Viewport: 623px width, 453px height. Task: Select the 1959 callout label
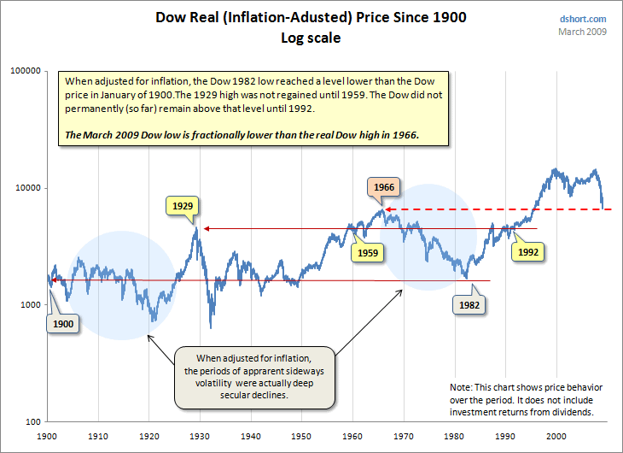point(368,252)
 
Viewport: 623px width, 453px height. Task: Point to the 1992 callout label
point(527,252)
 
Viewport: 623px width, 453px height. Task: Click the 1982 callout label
point(469,303)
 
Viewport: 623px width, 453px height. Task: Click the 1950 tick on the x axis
point(301,436)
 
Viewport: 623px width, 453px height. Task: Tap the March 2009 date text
point(583,32)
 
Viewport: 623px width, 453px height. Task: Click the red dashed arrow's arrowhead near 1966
point(384,209)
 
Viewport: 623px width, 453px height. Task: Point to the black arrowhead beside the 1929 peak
point(205,228)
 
